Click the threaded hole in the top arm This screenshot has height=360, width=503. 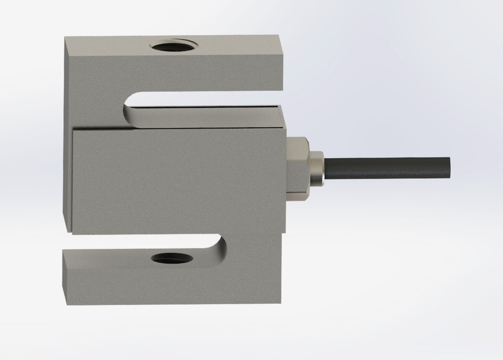tap(173, 46)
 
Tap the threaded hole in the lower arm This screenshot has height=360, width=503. tap(172, 259)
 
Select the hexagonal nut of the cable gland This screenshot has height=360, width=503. tap(297, 166)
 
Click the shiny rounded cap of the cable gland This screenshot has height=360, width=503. tap(317, 167)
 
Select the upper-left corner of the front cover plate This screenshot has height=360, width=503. tap(73, 130)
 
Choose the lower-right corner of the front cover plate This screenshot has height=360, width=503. tap(286, 233)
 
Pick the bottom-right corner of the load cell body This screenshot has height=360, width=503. tap(280, 304)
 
